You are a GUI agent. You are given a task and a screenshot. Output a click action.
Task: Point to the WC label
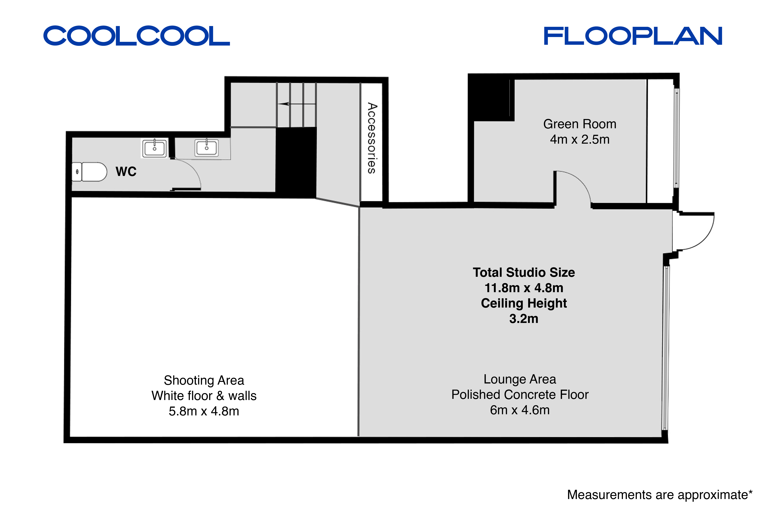point(126,171)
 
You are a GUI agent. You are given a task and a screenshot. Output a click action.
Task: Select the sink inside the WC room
point(155,148)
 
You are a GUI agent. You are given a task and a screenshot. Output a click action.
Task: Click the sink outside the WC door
point(207,148)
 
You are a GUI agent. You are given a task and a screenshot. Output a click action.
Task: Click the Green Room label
point(580,124)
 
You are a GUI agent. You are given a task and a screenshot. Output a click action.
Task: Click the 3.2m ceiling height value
point(524,319)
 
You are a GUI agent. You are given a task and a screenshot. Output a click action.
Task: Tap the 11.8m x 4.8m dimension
point(524,288)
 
